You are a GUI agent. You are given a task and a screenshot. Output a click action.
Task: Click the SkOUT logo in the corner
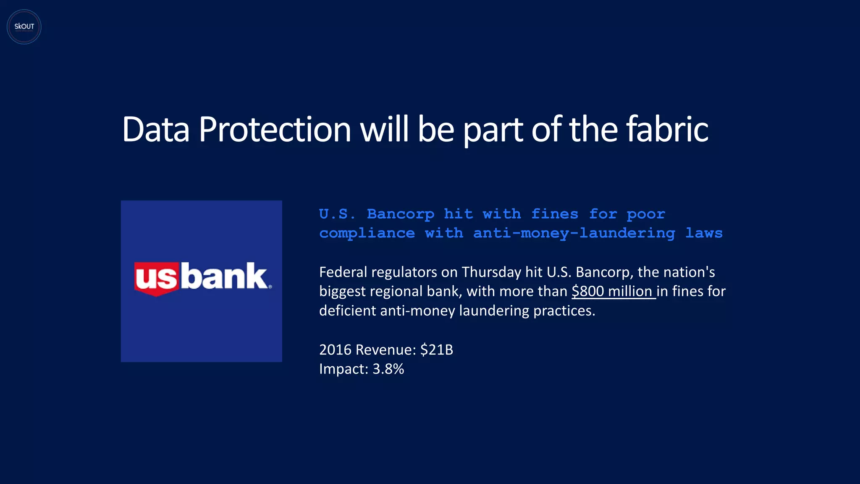pyautogui.click(x=24, y=27)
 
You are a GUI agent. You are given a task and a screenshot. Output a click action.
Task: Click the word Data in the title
pyautogui.click(x=155, y=129)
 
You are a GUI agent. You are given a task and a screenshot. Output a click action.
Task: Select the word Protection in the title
pyautogui.click(x=275, y=129)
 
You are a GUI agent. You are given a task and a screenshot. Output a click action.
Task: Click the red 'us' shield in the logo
pyautogui.click(x=156, y=278)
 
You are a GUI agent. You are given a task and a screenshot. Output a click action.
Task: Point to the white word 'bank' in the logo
pyautogui.click(x=226, y=276)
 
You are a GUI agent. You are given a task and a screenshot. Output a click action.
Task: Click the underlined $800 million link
pyautogui.click(x=613, y=291)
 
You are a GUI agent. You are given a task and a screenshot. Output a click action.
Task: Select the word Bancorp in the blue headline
pyautogui.click(x=400, y=214)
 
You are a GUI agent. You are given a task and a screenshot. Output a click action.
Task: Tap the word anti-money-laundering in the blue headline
pyautogui.click(x=574, y=233)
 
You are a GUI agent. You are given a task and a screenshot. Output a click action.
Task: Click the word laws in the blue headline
pyautogui.click(x=704, y=233)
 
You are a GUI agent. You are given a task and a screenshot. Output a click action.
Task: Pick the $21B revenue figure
pyautogui.click(x=436, y=350)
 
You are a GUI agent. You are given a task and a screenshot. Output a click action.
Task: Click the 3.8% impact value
pyautogui.click(x=388, y=369)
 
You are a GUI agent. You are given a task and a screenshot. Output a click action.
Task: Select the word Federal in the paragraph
pyautogui.click(x=343, y=272)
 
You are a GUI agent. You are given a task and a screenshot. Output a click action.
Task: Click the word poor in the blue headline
pyautogui.click(x=646, y=214)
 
